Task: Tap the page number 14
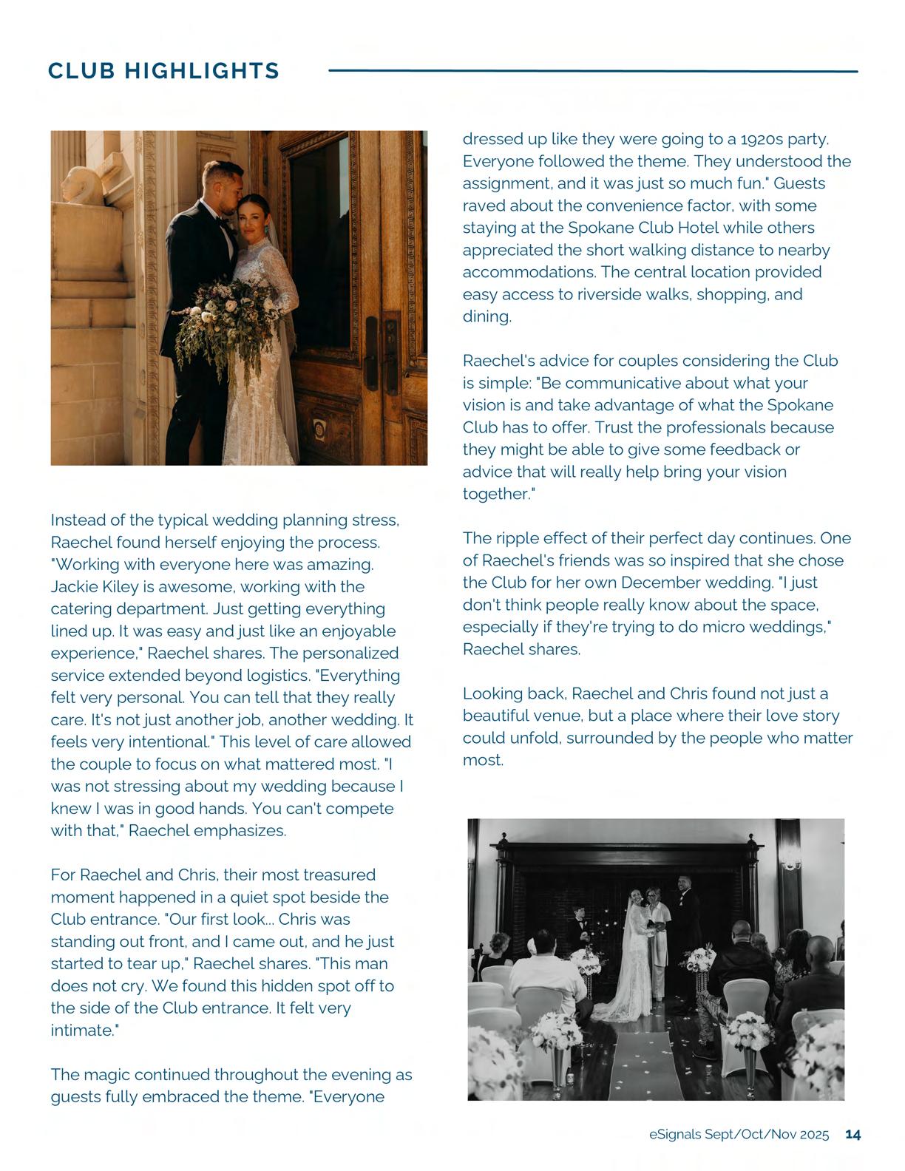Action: click(x=853, y=1134)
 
